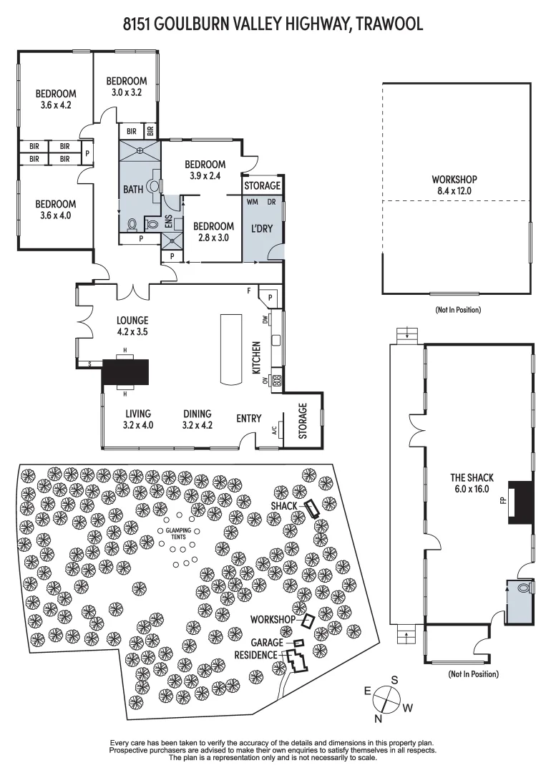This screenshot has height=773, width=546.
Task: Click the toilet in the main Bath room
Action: tap(133, 224)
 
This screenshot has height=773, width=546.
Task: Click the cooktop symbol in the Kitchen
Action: tap(276, 381)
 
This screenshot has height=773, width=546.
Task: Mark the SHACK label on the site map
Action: tap(284, 505)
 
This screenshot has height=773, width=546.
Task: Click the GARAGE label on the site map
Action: tap(267, 643)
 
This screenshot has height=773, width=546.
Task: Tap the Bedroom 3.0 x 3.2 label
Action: tap(126, 87)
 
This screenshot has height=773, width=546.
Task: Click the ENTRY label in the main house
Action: tap(249, 419)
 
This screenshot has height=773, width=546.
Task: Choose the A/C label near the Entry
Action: tap(275, 431)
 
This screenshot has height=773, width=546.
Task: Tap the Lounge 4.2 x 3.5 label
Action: tap(132, 326)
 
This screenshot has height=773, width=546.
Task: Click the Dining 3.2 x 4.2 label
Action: tap(197, 419)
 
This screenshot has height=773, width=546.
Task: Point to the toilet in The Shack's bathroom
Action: tap(523, 588)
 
